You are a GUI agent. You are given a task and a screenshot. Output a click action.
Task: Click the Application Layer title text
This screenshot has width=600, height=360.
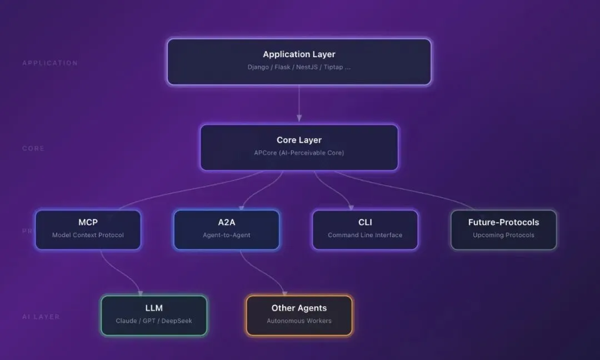point(299,54)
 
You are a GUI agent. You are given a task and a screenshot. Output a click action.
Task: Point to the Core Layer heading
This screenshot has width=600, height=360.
point(299,140)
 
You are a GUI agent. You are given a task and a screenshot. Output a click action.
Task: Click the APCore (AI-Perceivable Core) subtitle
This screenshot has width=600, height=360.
point(299,153)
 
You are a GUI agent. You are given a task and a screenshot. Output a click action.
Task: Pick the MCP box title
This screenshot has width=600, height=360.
point(88,222)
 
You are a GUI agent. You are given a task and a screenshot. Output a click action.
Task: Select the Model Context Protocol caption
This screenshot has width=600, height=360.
point(88,235)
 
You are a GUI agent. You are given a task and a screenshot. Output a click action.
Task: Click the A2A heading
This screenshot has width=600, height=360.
point(227,222)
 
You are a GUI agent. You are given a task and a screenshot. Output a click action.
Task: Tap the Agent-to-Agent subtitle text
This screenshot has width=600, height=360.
point(227,235)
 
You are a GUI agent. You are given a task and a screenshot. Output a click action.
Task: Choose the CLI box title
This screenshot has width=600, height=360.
point(365,222)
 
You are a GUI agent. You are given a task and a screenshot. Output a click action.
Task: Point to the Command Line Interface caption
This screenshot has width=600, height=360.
point(365,235)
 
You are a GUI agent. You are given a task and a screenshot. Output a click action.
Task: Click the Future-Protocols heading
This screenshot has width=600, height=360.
point(503,222)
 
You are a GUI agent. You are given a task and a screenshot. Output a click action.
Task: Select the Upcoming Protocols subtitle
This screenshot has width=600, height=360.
point(503,235)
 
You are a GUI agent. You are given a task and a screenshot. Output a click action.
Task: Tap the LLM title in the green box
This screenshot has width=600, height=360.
point(154,308)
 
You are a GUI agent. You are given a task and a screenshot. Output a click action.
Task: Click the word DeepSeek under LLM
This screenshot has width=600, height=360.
point(177,321)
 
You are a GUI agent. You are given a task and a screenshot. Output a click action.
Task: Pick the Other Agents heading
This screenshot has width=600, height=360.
point(299,308)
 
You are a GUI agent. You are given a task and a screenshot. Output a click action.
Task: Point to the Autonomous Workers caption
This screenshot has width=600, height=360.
point(299,321)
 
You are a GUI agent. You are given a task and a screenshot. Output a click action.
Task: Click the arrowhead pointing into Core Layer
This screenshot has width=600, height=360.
point(299,118)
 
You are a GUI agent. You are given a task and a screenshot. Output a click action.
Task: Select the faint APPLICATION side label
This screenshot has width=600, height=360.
point(50,63)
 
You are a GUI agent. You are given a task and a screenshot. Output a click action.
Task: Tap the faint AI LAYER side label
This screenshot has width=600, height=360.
point(41,317)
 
